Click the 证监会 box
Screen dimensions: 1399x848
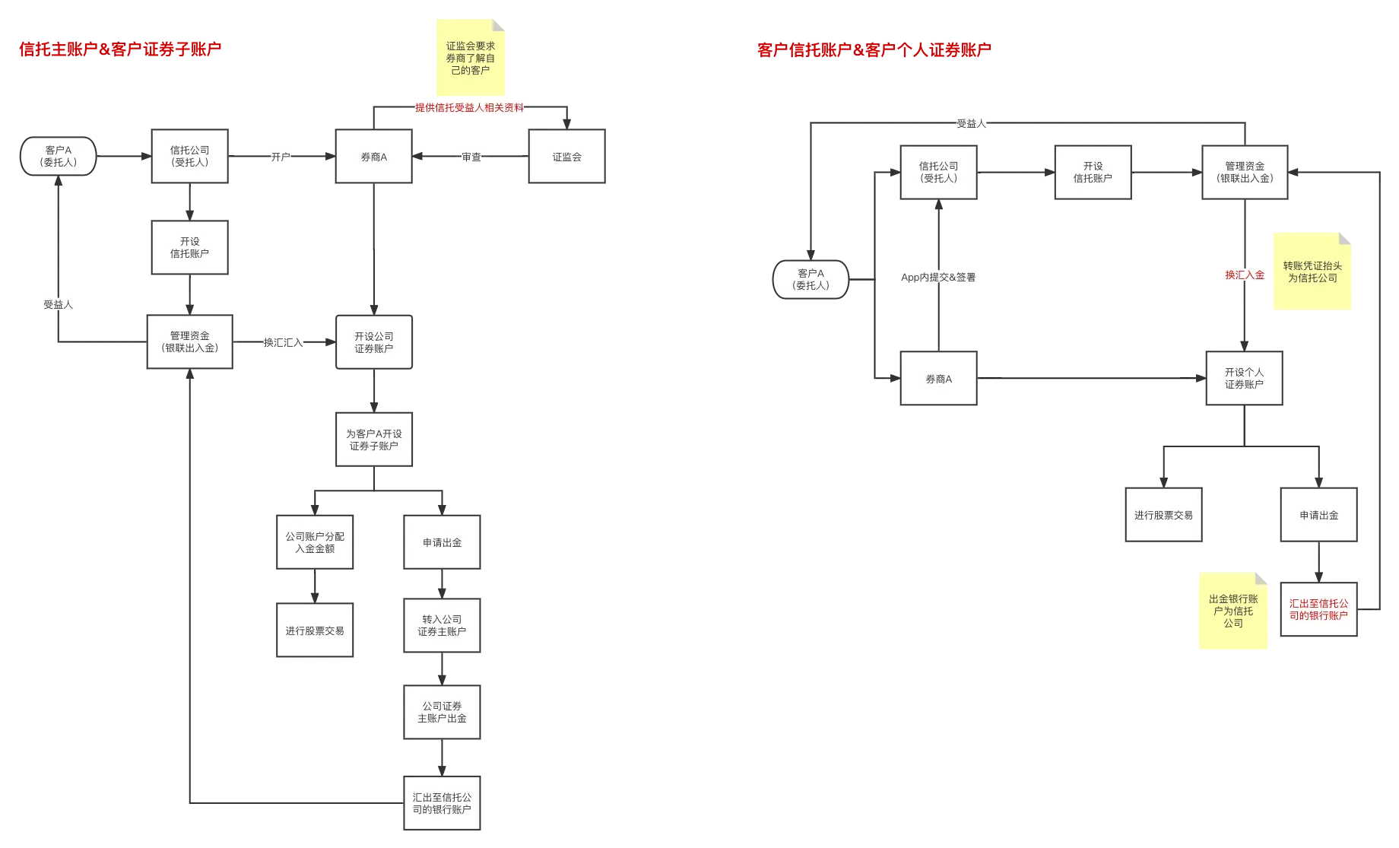(566, 156)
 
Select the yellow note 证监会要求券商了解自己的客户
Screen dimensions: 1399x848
(470, 58)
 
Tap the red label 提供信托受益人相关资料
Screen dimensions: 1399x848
(469, 107)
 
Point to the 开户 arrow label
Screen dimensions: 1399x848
(281, 157)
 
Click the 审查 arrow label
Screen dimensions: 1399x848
(471, 157)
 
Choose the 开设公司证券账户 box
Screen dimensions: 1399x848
(374, 342)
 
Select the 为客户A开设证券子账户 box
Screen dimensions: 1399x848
(374, 440)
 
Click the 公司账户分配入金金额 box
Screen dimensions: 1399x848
(315, 542)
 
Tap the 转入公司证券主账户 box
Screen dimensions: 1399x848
(442, 625)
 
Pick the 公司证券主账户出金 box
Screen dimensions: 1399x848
(442, 712)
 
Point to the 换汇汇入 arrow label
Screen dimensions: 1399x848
(284, 342)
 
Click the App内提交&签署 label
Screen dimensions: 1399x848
(938, 278)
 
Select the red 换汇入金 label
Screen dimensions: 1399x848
(1245, 275)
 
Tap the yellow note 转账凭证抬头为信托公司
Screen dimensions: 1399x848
(1312, 272)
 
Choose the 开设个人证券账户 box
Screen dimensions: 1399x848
(1244, 378)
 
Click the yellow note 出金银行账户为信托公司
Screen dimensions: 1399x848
(1233, 611)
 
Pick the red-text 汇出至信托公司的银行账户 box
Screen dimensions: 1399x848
(1318, 609)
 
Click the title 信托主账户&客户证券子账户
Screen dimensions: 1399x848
(120, 49)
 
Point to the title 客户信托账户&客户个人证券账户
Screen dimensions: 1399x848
(874, 50)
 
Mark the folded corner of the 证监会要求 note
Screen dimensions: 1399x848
(498, 26)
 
